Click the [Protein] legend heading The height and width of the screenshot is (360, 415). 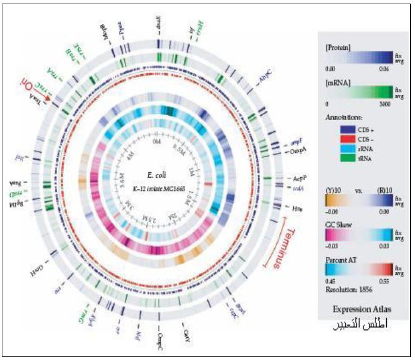338,46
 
